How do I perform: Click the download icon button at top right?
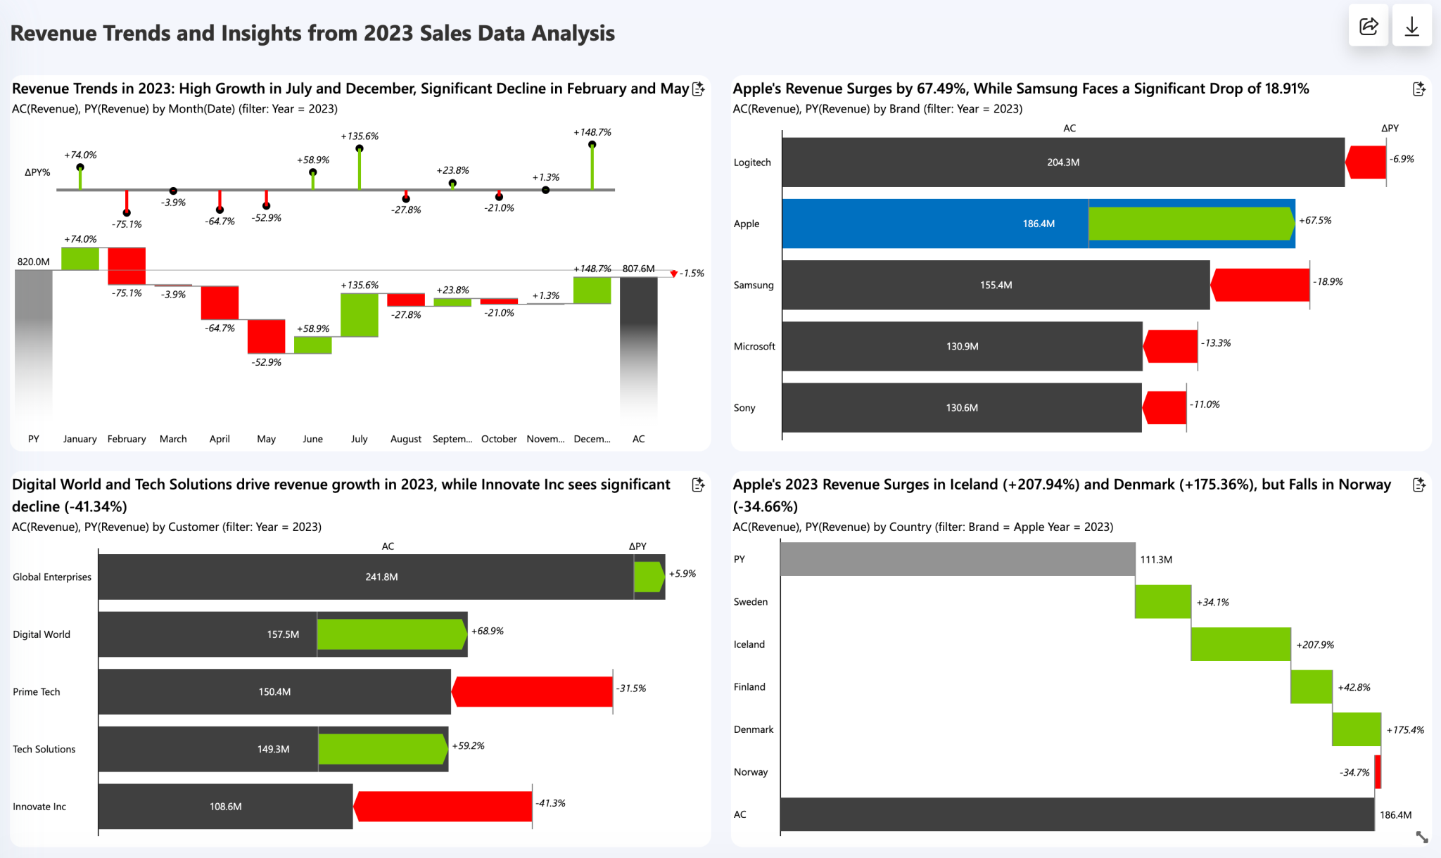point(1411,27)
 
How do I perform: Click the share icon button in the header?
point(1368,27)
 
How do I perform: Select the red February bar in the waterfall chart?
point(127,266)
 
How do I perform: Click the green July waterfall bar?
point(359,314)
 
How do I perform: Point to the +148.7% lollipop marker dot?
point(592,144)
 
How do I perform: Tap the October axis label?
point(499,439)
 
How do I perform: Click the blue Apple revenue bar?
point(936,224)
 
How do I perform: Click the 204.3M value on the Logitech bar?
point(1062,162)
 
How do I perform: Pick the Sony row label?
point(744,408)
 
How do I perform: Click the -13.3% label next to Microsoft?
point(1216,343)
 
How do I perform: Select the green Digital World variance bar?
point(391,634)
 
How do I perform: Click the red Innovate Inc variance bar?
point(443,806)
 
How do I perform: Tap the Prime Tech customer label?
point(37,692)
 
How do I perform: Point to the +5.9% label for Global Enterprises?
point(682,574)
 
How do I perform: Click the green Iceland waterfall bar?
point(1240,644)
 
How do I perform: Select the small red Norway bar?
point(1378,772)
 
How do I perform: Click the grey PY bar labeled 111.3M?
point(957,559)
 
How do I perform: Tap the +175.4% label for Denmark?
point(1404,730)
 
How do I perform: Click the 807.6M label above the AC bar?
point(638,269)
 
